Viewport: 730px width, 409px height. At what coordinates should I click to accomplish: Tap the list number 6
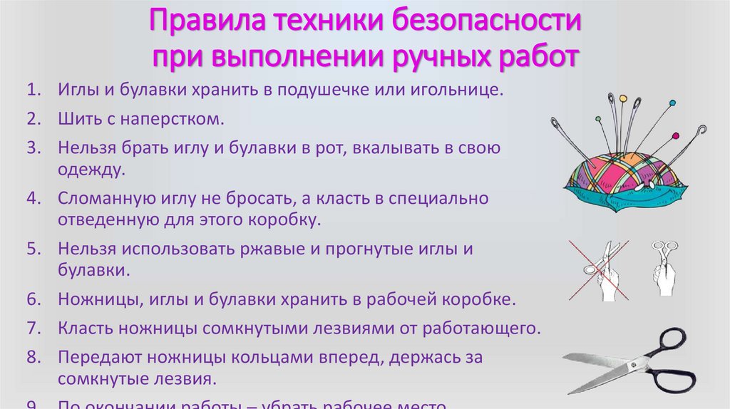32,299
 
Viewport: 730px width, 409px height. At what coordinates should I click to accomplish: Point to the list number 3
32,149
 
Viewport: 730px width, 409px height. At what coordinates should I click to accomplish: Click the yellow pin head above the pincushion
622,98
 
